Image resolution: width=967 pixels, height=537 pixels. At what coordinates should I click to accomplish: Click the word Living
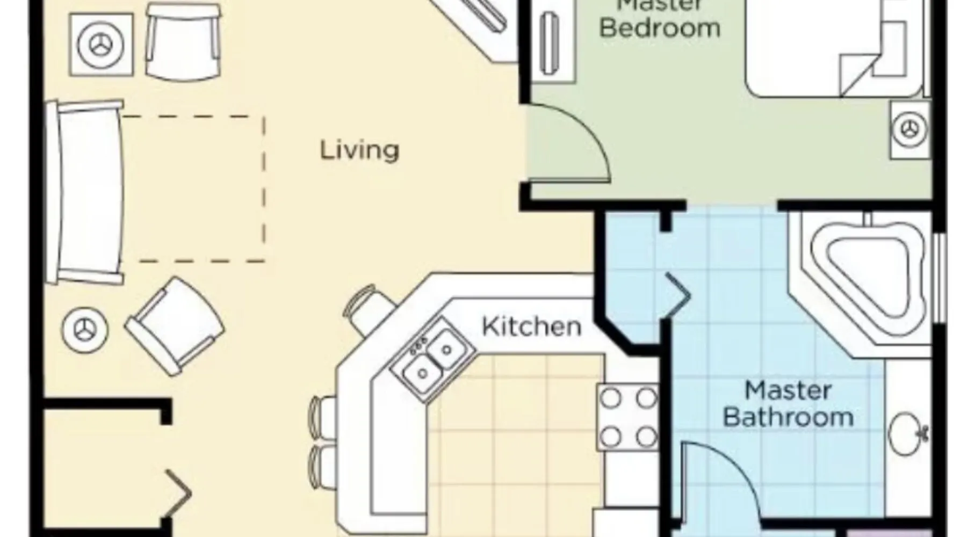click(x=359, y=150)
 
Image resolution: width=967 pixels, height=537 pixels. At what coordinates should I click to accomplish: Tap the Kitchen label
click(x=531, y=326)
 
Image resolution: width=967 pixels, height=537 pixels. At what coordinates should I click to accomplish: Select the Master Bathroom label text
click(x=788, y=404)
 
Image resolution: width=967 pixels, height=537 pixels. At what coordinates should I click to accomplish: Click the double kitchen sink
click(x=433, y=358)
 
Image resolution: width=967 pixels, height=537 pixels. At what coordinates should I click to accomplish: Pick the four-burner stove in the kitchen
click(x=627, y=417)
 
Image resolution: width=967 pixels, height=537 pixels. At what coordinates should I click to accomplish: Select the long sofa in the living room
click(x=85, y=192)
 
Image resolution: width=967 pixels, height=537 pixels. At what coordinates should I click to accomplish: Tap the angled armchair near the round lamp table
click(x=175, y=326)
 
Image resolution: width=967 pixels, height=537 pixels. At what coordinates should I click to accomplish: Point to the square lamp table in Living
click(x=101, y=45)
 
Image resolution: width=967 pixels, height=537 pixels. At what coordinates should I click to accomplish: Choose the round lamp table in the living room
click(x=85, y=329)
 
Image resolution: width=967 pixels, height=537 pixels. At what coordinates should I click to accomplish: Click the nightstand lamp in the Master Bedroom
click(x=910, y=129)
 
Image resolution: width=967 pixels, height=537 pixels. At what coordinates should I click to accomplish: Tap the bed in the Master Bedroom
click(x=835, y=48)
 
